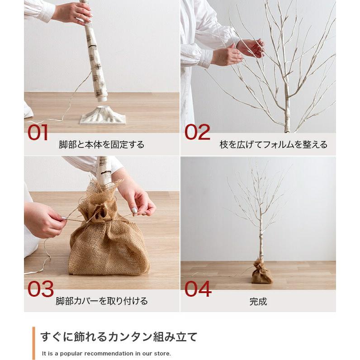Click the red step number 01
point(38,133)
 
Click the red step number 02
point(198,132)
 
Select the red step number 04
point(198,289)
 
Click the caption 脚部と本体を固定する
point(102,145)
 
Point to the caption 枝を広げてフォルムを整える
point(273,145)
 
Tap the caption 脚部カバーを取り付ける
point(102,301)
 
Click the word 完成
point(258,301)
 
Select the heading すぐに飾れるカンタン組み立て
point(119,336)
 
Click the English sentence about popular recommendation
point(106,353)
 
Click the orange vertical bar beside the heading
point(34,342)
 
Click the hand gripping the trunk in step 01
point(75,13)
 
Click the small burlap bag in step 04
point(262,272)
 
